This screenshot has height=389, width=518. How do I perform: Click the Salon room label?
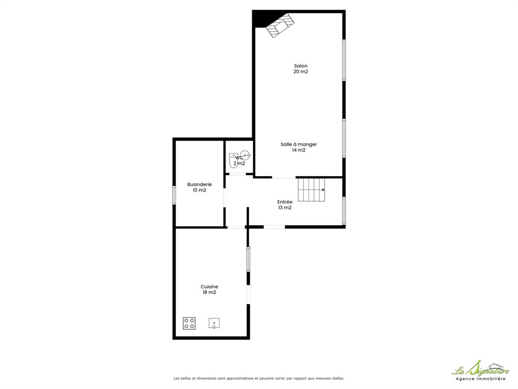301,66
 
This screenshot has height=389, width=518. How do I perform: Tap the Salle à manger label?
299,144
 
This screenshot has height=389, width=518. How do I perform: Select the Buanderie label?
200,184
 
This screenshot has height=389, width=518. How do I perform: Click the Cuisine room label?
209,286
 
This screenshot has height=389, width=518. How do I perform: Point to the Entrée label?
285,202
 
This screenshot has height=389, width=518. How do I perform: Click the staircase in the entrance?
311,190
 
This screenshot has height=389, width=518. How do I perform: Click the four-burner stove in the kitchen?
190,323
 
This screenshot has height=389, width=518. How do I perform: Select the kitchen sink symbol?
214,323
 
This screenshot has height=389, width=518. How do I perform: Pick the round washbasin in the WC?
245,155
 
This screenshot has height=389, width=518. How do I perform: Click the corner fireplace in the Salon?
280,25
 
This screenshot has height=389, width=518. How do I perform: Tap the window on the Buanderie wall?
174,195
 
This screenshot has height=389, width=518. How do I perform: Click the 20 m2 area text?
301,71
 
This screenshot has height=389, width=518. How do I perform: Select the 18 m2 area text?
209,292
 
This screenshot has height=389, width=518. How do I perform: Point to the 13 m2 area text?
285,208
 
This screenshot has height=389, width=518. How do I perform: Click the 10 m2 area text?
200,190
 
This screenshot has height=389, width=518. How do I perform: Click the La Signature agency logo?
480,371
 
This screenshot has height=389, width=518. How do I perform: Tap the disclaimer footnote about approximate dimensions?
259,378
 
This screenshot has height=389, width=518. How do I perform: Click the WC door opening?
238,174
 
